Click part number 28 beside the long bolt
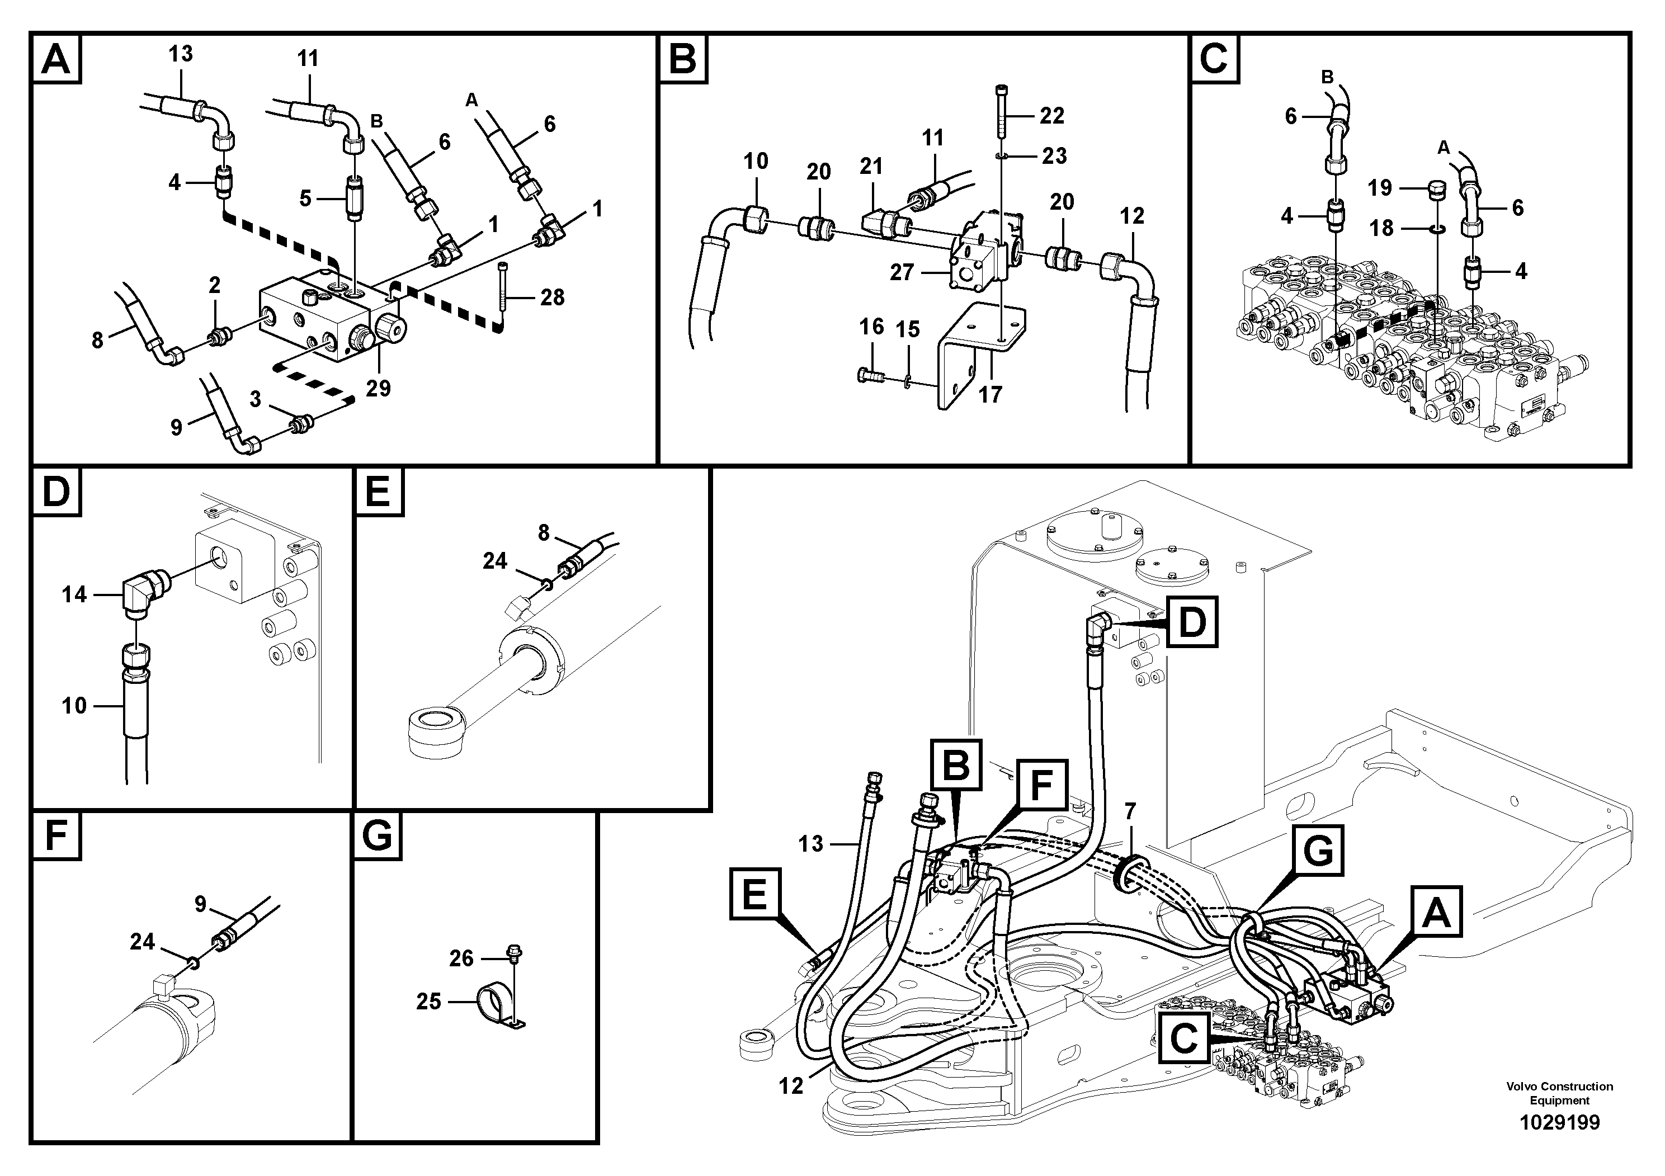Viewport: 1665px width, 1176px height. [552, 297]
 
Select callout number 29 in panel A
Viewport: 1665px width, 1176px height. [378, 389]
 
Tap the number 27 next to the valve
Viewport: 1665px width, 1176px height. [902, 273]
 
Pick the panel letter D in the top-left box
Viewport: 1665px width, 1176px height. [56, 493]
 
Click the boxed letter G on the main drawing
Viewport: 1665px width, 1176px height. [1318, 851]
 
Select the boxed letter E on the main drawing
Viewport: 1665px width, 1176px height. [755, 893]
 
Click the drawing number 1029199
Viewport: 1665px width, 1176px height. [1559, 1123]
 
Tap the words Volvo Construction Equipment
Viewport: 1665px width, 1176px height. [1559, 1093]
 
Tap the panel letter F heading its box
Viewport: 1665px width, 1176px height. [56, 836]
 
